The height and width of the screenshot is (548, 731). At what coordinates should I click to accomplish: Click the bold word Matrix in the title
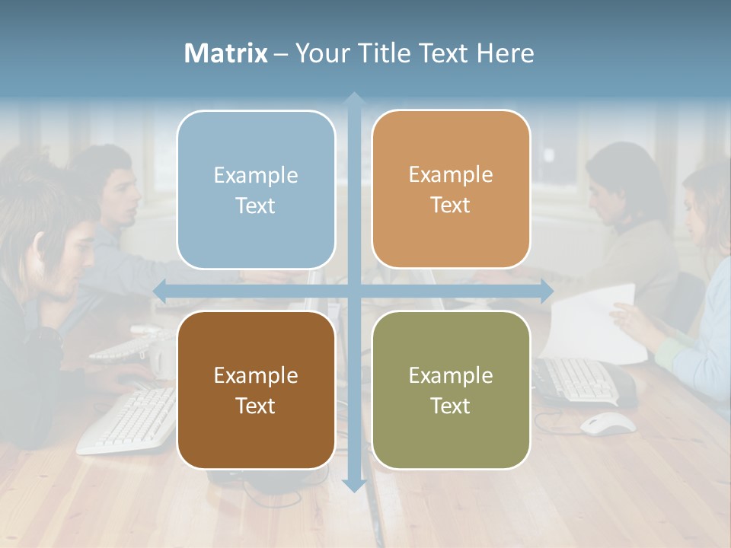tap(225, 53)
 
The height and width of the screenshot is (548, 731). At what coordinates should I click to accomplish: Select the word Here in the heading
tap(505, 53)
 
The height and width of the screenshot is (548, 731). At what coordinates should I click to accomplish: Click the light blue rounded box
tap(256, 190)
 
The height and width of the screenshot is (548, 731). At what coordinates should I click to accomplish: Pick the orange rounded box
tap(451, 189)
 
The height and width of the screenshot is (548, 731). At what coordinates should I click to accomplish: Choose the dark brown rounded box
tap(256, 390)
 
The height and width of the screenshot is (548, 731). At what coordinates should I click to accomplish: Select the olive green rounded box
tap(451, 390)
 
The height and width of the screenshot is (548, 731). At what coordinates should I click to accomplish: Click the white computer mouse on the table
tap(607, 423)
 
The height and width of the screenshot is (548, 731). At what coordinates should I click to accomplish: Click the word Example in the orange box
tap(451, 174)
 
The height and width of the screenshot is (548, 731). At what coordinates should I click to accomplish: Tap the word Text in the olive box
tap(451, 406)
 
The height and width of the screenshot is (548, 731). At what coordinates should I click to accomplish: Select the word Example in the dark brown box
tap(256, 375)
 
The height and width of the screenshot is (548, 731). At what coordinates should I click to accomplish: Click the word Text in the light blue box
tap(256, 205)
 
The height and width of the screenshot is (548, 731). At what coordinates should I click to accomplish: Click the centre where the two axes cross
tap(353, 290)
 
